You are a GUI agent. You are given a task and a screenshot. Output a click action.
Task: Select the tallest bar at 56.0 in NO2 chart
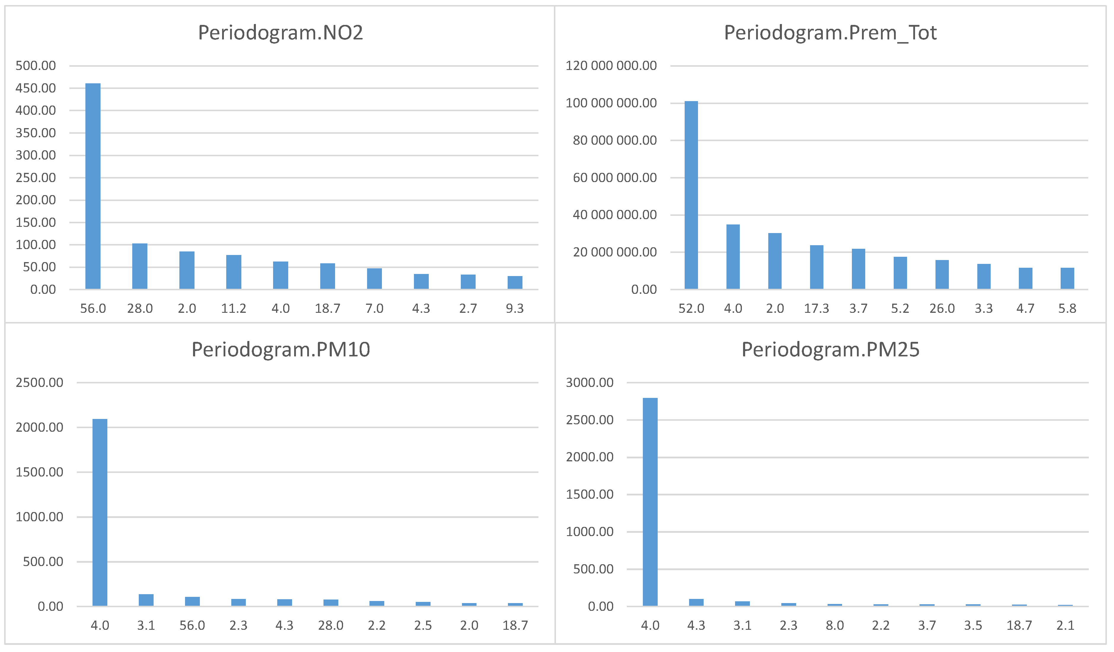click(93, 186)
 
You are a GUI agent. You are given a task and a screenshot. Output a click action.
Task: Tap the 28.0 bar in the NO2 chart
click(140, 266)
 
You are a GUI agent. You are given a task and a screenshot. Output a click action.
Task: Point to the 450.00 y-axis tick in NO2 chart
click(36, 88)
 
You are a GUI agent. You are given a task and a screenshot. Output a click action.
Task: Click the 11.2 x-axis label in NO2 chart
click(233, 309)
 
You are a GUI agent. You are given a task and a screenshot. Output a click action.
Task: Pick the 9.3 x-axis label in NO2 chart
click(514, 309)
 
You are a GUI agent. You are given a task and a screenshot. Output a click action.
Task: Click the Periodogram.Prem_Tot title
click(830, 33)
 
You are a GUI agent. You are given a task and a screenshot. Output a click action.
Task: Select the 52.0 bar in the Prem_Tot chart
click(691, 195)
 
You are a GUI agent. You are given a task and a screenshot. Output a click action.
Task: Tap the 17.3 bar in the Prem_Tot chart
click(817, 267)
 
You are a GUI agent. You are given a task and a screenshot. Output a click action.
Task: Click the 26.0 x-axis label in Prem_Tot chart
click(942, 309)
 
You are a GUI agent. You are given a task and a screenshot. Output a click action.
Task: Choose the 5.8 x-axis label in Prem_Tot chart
click(1067, 309)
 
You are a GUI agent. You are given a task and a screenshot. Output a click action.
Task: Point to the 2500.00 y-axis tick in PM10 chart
click(39, 382)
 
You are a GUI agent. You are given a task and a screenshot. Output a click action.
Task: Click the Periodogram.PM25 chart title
click(830, 350)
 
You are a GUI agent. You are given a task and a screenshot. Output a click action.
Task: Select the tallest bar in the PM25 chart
click(650, 502)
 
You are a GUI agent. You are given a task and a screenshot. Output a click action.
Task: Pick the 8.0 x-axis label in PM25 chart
click(835, 626)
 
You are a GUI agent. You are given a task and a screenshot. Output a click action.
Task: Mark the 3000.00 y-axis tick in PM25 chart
click(590, 382)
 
